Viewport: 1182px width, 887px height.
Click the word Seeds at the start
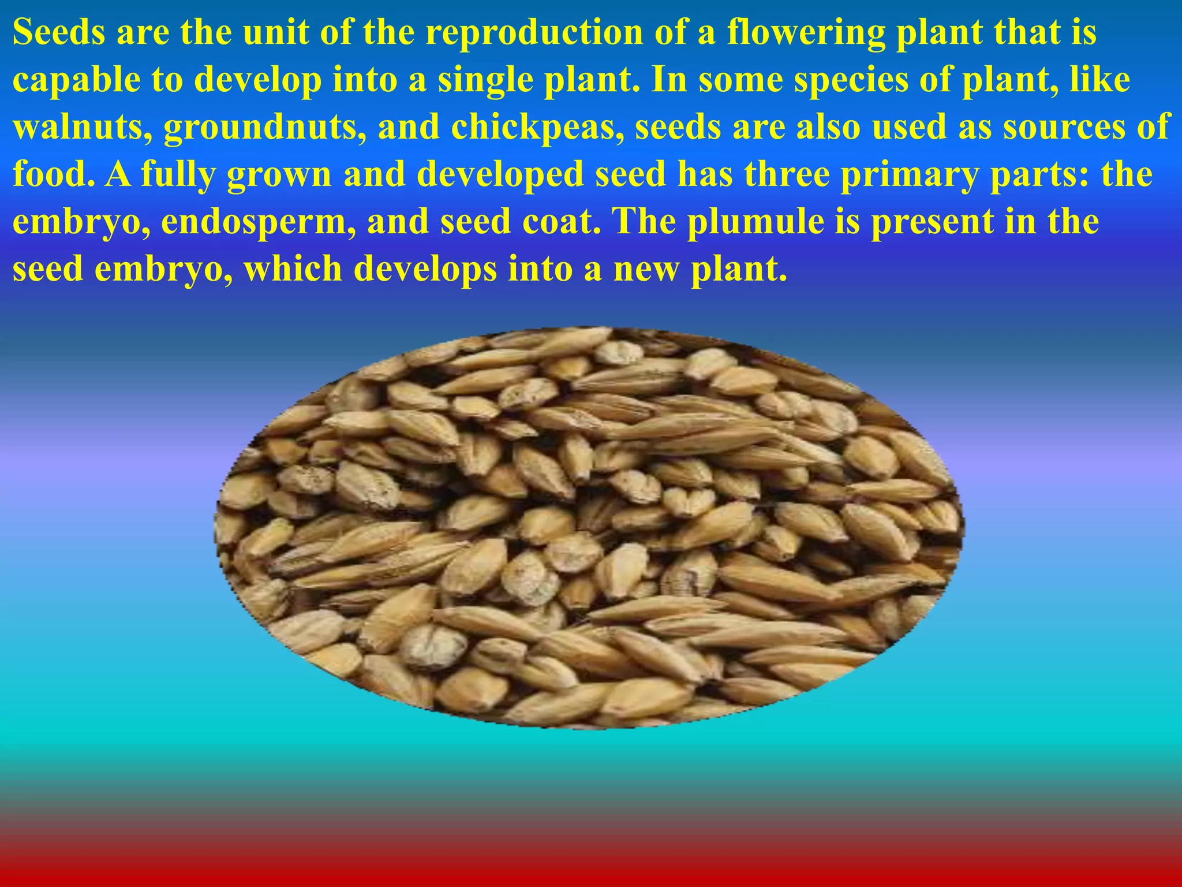58,32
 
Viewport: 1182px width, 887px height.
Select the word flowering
806,33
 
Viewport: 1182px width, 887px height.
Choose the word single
486,81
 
